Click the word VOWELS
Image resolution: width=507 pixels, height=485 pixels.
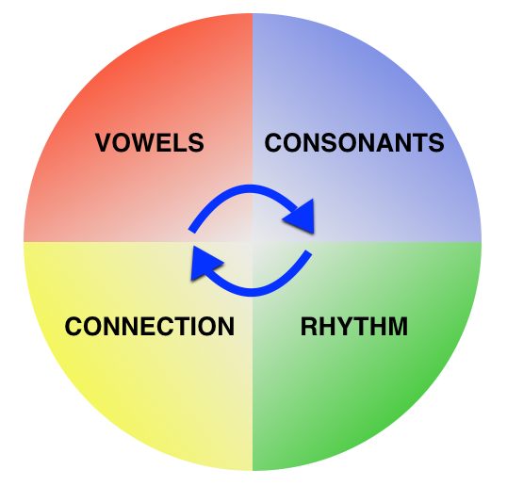click(x=150, y=142)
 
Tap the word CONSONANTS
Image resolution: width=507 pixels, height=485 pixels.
click(x=354, y=142)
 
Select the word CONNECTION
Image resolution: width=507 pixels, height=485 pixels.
click(x=150, y=327)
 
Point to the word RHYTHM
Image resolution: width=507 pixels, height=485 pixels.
click(x=354, y=327)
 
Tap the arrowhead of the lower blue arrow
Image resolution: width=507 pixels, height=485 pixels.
click(x=204, y=263)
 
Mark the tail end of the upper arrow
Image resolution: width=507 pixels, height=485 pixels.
click(x=191, y=231)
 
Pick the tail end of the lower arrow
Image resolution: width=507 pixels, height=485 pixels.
click(x=309, y=252)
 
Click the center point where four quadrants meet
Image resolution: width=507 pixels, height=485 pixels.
click(x=253, y=242)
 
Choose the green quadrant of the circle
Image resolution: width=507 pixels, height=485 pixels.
click(x=367, y=356)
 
